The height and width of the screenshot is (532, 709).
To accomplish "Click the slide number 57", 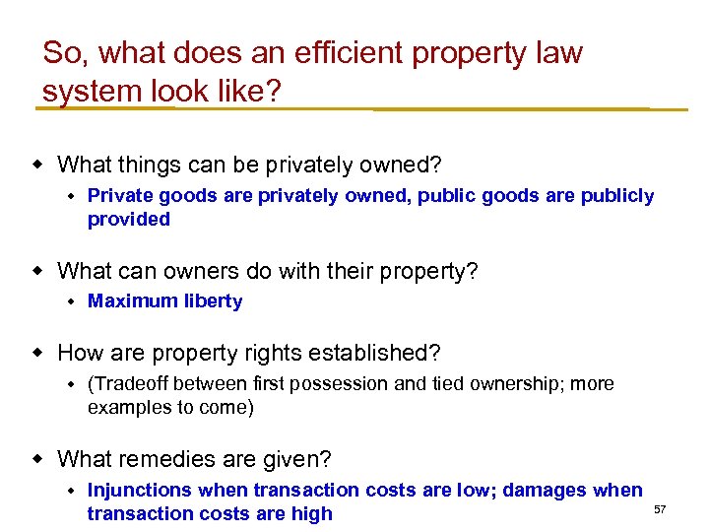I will (x=660, y=508).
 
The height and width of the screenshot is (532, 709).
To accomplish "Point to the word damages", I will (x=548, y=490).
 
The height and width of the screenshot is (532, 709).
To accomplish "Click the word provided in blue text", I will (x=129, y=219).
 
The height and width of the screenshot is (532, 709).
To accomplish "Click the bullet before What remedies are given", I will (x=39, y=459).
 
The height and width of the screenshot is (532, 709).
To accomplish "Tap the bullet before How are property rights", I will (x=39, y=352).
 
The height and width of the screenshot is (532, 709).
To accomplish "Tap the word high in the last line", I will (x=311, y=513).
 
